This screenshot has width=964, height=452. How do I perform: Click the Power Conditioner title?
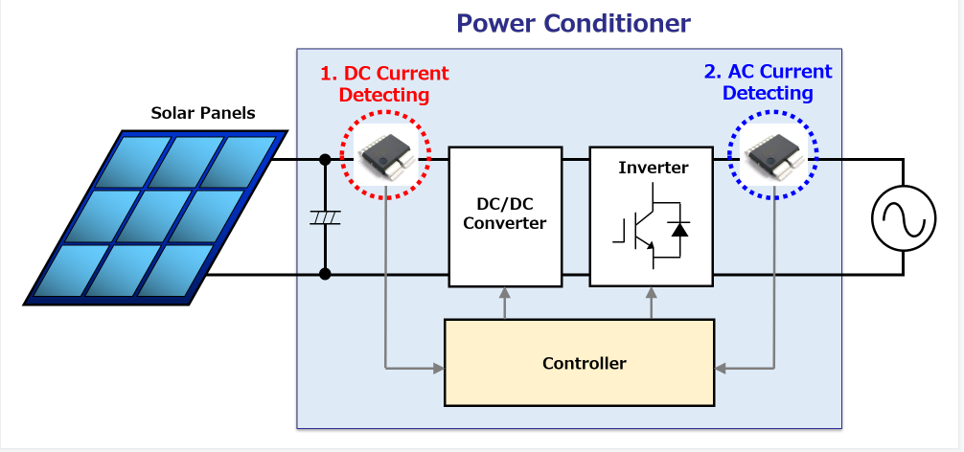pos(573,24)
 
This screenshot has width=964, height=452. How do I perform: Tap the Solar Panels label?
pos(203,114)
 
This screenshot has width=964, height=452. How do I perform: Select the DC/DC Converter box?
pos(505,216)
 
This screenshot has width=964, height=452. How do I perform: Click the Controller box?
pos(579,362)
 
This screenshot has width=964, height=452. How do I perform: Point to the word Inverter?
pos(653,167)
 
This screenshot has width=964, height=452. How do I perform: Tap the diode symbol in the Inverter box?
pos(679,230)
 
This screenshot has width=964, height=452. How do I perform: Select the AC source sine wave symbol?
pos(904,218)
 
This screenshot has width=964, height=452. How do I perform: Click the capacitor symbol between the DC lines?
pos(325,216)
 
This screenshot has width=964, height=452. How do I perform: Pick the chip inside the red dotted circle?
pos(385,156)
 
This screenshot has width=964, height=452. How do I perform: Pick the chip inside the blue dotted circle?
pos(773,156)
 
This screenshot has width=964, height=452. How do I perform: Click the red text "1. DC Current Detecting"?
pos(384,84)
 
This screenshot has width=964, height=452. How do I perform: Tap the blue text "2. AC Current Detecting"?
pos(768,82)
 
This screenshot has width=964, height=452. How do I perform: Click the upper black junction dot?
pos(325,160)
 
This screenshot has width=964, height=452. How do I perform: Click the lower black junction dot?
pos(325,274)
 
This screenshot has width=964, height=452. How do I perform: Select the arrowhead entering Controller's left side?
pos(438,369)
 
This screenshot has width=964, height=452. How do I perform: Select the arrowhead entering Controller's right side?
pos(721,369)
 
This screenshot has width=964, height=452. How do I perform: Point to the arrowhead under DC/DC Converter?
pos(505,293)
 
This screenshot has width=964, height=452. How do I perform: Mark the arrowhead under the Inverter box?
pos(652,293)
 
